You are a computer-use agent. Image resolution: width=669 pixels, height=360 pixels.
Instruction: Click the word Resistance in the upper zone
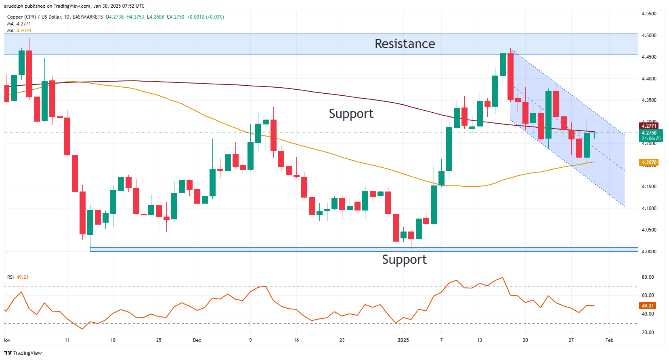(405, 44)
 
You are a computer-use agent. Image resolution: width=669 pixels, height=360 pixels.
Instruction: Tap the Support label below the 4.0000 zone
(404, 259)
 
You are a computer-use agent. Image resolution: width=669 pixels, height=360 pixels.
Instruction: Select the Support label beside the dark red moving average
(351, 114)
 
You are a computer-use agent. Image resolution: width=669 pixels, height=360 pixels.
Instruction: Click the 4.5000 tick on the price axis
(649, 36)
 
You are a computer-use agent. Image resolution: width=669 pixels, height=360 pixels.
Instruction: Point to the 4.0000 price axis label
(649, 251)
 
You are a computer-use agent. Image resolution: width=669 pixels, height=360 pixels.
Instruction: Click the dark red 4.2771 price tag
(649, 126)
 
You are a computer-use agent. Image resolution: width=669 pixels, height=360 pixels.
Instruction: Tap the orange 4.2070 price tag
(649, 162)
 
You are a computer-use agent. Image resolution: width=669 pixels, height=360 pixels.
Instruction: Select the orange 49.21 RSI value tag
(648, 306)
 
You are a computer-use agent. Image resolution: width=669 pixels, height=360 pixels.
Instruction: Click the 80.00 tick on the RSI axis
(648, 277)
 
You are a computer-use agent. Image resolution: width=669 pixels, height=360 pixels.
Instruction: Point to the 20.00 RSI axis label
(648, 333)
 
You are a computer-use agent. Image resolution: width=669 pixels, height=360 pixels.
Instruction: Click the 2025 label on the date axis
(403, 340)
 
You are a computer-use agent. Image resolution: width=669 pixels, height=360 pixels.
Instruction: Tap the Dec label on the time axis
(197, 340)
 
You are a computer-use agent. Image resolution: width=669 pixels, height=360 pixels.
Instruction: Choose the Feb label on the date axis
(609, 340)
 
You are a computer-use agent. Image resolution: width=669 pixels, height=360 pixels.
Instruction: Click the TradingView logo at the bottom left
(23, 353)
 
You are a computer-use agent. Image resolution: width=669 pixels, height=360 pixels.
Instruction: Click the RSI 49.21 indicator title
(18, 277)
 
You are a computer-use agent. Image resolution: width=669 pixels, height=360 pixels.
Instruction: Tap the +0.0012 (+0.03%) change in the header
(205, 17)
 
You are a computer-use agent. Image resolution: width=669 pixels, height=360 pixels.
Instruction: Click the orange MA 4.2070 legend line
(19, 31)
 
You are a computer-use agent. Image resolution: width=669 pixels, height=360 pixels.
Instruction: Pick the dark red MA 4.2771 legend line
(19, 24)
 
